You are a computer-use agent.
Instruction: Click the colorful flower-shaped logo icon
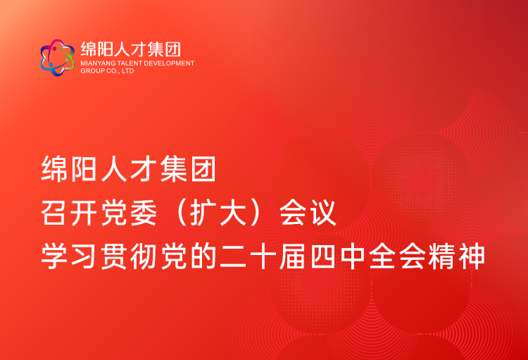(x=57, y=58)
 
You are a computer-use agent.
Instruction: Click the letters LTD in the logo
(x=127, y=71)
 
